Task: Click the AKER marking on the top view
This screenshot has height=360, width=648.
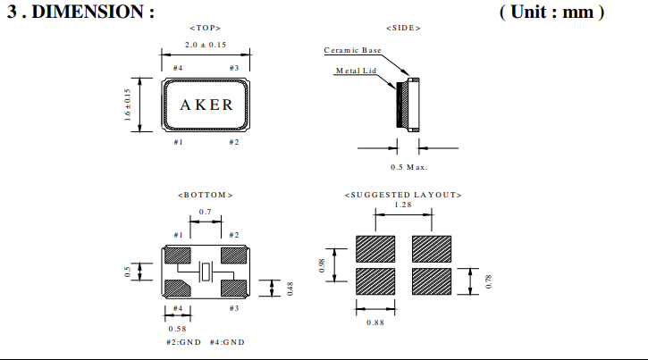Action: tap(206, 105)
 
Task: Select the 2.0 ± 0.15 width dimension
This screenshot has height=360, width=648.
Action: tap(205, 45)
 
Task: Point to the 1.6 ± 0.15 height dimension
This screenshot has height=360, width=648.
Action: tap(128, 105)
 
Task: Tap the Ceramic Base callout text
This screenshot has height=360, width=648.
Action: tap(352, 51)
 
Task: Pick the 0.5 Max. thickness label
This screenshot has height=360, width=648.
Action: tap(409, 167)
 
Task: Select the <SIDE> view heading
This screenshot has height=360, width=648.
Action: tap(403, 29)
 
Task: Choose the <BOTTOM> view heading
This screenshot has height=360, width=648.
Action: tap(206, 195)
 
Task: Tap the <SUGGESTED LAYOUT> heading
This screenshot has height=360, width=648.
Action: tap(402, 195)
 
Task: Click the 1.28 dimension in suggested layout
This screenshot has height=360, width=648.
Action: tap(403, 205)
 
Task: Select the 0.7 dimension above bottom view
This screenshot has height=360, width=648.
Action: tap(206, 212)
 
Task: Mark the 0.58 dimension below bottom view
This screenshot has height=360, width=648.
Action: tap(177, 328)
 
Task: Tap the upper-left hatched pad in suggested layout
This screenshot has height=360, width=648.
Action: tap(375, 248)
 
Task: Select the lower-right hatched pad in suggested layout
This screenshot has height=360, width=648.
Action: tap(431, 280)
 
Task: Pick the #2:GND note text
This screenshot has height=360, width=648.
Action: tap(185, 342)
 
